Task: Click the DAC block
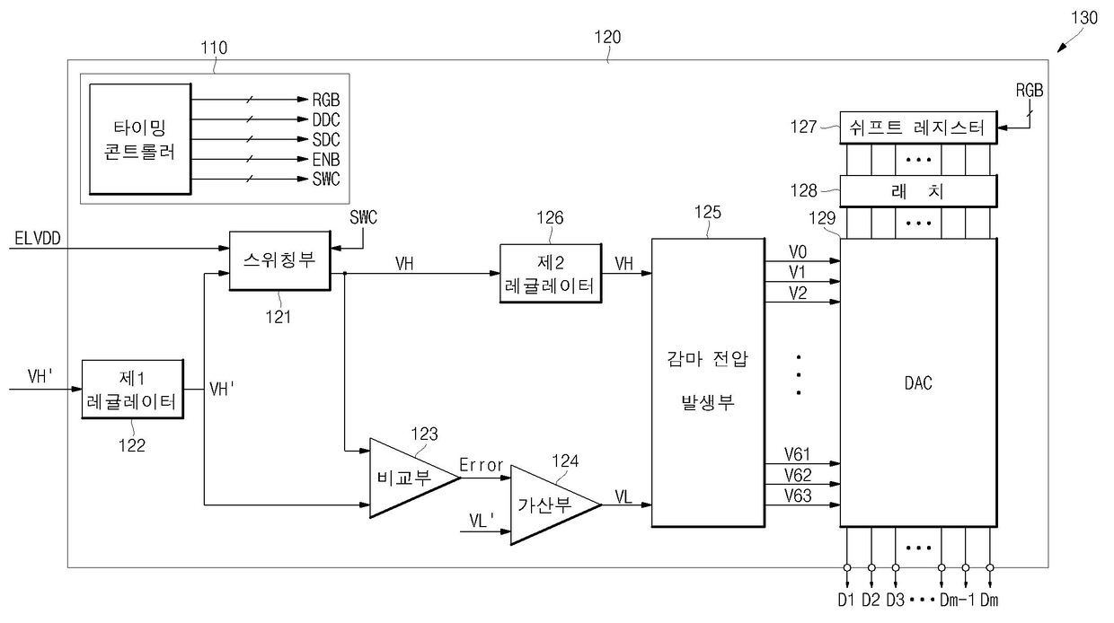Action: coord(918,382)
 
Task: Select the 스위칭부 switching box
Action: coord(279,261)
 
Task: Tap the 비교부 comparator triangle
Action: coord(415,478)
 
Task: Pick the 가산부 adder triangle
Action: coord(556,505)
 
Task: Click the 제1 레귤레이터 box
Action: coord(132,390)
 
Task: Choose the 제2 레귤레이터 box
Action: coord(551,273)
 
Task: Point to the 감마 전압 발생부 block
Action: coord(708,382)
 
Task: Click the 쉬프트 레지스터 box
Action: coord(918,127)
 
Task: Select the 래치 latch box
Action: coord(918,191)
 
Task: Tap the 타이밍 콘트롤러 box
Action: coord(140,139)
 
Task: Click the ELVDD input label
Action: coord(38,239)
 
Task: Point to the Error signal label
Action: coord(481,465)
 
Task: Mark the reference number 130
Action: coord(1084,18)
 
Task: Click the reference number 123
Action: coord(424,434)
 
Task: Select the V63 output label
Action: coord(798,496)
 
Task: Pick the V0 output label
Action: coord(798,252)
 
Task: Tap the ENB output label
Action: coord(326,160)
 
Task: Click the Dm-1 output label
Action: coord(958,601)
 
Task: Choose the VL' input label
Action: coord(482,520)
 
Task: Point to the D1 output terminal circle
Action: coord(847,567)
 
